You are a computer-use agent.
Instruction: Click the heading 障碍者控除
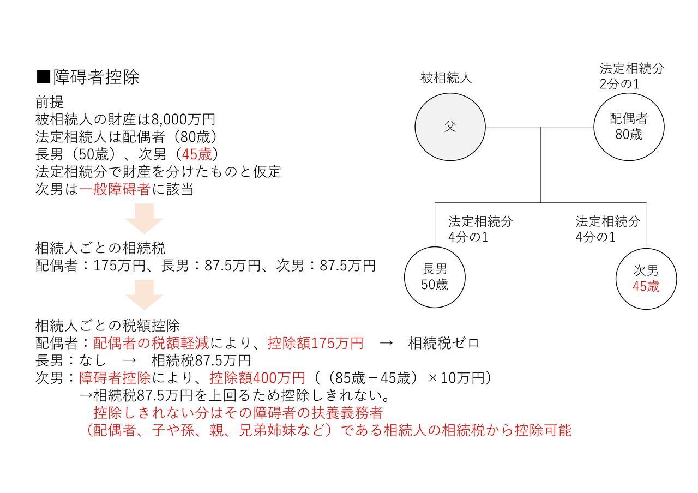[95, 77]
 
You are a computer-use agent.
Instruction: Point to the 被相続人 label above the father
[446, 77]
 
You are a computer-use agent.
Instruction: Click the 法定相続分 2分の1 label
[631, 76]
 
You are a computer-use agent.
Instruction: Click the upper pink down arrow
[145, 219]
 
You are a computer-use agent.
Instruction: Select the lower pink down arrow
[145, 295]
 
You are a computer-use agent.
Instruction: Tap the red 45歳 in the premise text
[197, 154]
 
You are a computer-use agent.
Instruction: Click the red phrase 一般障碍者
[115, 189]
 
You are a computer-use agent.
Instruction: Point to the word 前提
[50, 102]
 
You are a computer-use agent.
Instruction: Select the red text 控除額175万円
[315, 343]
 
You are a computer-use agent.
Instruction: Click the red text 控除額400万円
[257, 378]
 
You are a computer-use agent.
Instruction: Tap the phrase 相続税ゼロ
[443, 343]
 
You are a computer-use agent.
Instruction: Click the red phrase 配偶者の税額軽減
[151, 343]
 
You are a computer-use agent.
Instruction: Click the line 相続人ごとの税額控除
[107, 326]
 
